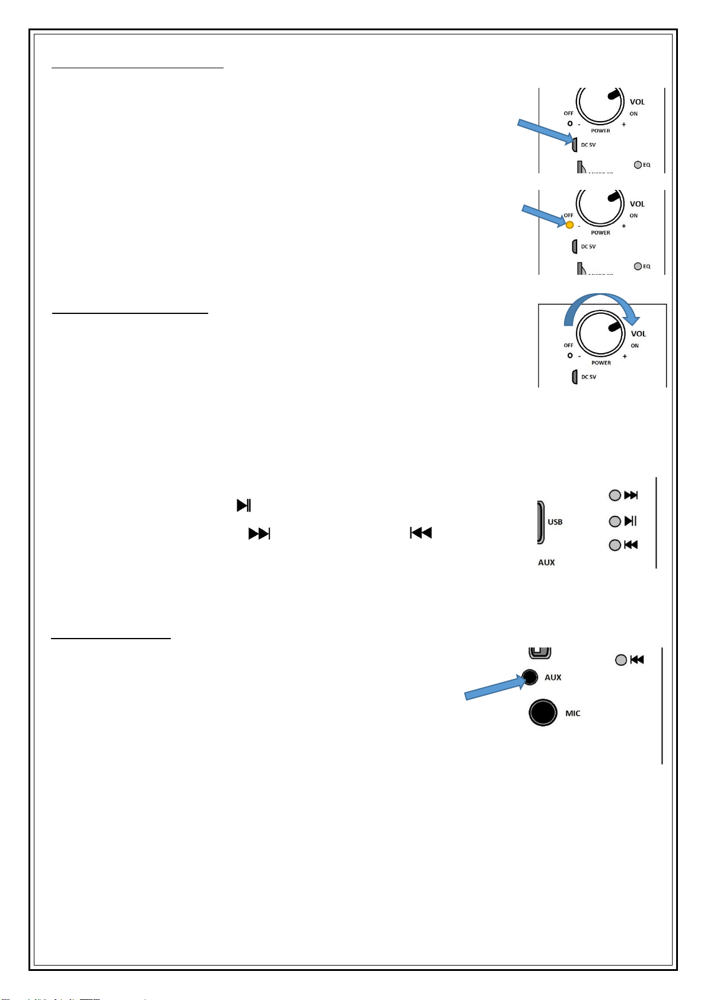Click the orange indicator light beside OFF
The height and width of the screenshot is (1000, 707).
(x=569, y=225)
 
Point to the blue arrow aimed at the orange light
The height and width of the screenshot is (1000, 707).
(x=543, y=215)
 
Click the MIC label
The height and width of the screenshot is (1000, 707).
(x=572, y=713)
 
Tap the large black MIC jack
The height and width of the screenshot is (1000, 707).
(x=543, y=712)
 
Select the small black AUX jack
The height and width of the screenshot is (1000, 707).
(x=530, y=677)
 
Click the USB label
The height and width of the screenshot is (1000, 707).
(x=555, y=522)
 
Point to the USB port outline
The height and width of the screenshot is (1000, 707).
(x=540, y=522)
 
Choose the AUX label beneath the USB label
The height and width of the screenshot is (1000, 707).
(x=546, y=563)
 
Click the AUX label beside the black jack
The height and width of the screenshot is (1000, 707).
(x=553, y=677)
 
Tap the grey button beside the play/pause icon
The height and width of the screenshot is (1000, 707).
(x=615, y=522)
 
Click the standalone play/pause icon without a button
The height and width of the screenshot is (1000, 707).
(x=244, y=506)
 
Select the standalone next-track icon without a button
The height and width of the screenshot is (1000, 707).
(x=259, y=534)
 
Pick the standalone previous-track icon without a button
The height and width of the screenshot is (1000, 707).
(x=421, y=533)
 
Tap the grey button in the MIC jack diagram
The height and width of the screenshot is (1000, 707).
(x=620, y=660)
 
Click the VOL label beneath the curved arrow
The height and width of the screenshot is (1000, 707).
(x=638, y=334)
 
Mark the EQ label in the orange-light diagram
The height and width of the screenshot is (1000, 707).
(x=647, y=266)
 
